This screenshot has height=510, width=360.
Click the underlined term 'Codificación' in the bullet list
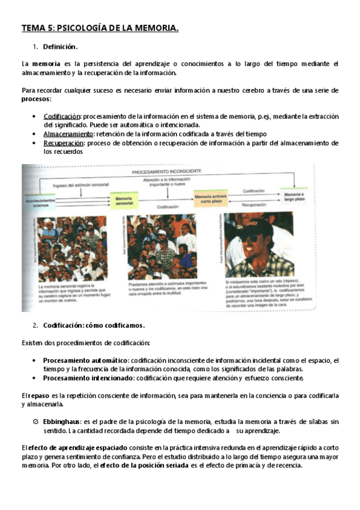62,115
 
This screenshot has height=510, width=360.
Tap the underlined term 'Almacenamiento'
68,134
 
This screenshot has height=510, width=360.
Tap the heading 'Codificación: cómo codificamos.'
94,325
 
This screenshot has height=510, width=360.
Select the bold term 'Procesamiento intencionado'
88,378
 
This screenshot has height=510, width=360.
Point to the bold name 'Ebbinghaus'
63,422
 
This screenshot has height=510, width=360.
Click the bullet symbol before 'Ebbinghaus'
36,422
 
